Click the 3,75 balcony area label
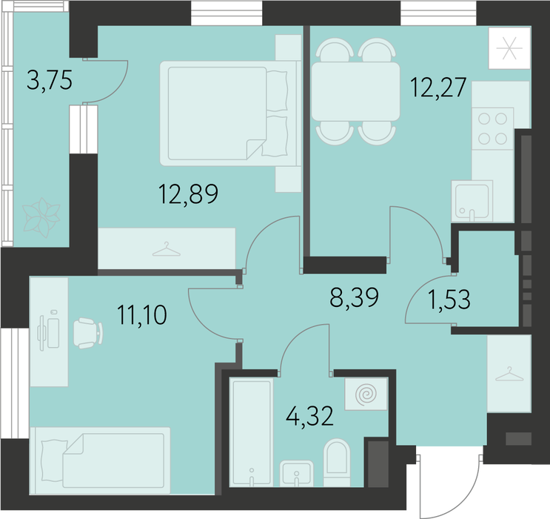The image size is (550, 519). click(50, 81)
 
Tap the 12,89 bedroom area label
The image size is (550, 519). click(188, 194)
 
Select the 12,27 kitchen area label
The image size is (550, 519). click(438, 87)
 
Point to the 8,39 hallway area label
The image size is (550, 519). click(355, 297)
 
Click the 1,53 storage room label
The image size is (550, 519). click(449, 300)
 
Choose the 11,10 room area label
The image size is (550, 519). click(141, 315)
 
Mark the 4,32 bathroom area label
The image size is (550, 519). click(309, 416)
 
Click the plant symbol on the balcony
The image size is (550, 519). click(41, 217)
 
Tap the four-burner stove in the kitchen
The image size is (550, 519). click(492, 128)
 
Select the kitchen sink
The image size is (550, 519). click(472, 201)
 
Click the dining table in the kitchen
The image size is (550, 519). click(355, 91)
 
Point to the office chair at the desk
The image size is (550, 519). click(88, 333)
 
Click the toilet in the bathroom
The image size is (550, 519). click(337, 463)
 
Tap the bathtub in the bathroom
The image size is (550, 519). click(251, 432)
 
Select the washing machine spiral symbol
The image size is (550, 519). click(366, 394)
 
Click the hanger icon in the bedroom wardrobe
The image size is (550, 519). click(167, 249)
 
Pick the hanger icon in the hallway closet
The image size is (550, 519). click(509, 374)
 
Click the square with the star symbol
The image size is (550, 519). click(509, 48)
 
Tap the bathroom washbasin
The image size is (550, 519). click(296, 473)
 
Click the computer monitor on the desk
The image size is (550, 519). click(41, 333)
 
